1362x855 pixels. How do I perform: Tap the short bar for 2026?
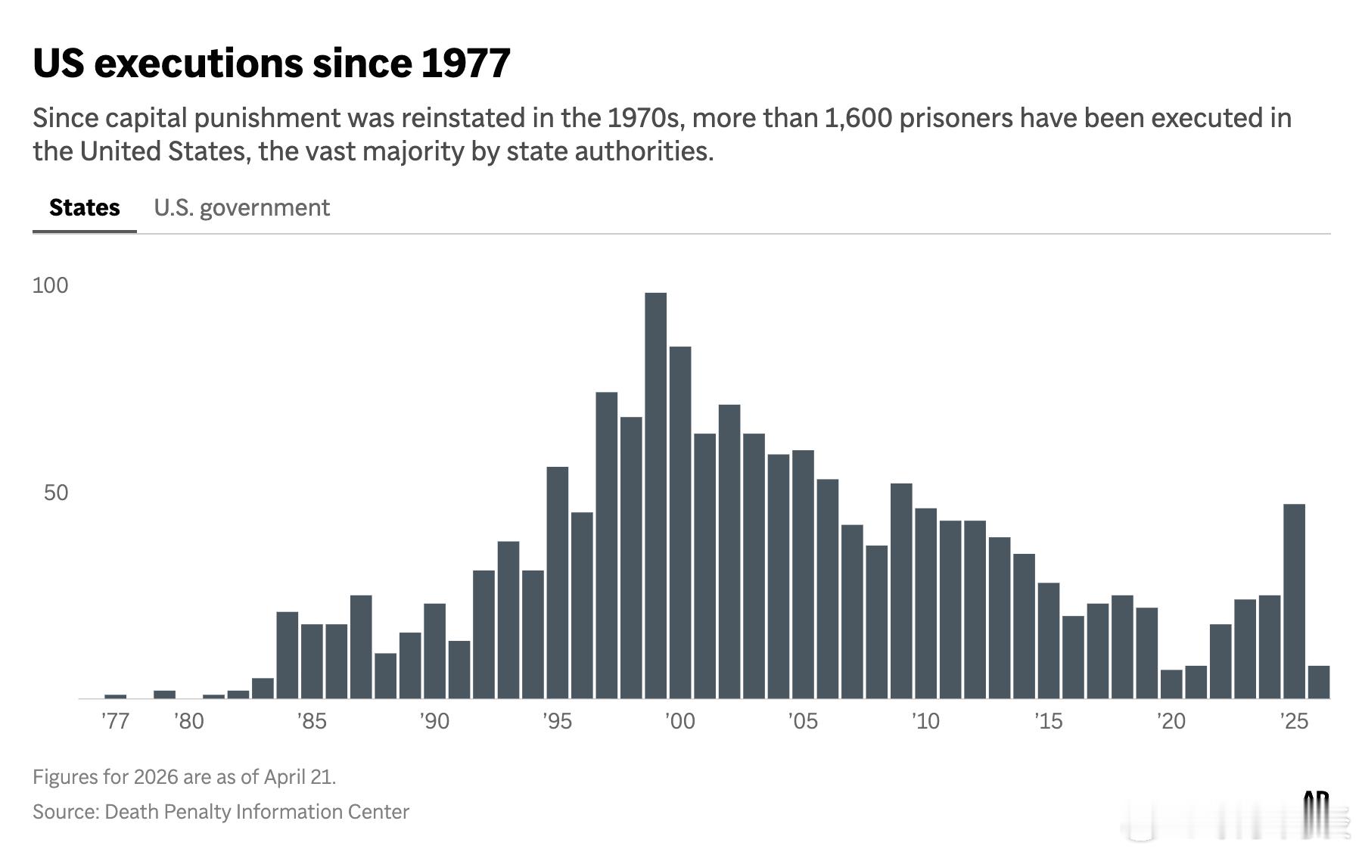pyautogui.click(x=1319, y=682)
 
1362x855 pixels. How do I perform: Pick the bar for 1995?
pyautogui.click(x=558, y=583)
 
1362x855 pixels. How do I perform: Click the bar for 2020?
pyautogui.click(x=1171, y=684)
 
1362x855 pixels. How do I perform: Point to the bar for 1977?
pyautogui.click(x=116, y=696)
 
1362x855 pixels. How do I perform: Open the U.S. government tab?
pyautogui.click(x=241, y=207)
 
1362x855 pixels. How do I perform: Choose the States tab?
pyautogui.click(x=84, y=207)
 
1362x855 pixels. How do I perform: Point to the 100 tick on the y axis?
pyautogui.click(x=50, y=285)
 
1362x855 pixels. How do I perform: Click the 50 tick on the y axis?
pyautogui.click(x=56, y=493)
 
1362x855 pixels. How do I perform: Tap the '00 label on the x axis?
pyautogui.click(x=680, y=721)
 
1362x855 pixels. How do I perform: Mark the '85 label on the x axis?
pyautogui.click(x=312, y=721)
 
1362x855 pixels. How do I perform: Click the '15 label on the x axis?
pyautogui.click(x=1048, y=721)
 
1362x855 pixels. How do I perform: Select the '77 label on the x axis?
pyautogui.click(x=116, y=721)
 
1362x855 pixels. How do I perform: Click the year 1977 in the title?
pyautogui.click(x=465, y=63)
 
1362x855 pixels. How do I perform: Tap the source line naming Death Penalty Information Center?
pyautogui.click(x=220, y=812)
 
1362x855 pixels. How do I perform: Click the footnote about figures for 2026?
pyautogui.click(x=184, y=777)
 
